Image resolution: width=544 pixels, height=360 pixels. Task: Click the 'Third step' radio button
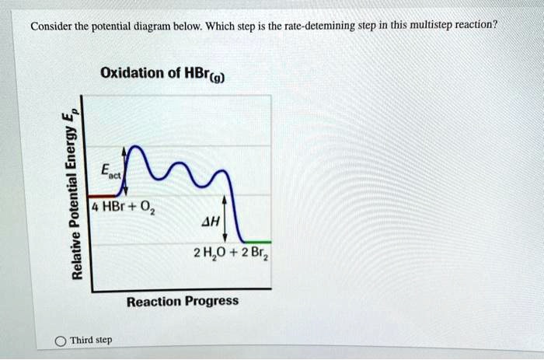pyautogui.click(x=60, y=341)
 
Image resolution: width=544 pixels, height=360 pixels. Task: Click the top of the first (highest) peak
pyautogui.click(x=136, y=146)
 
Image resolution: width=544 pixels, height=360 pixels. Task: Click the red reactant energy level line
pyautogui.click(x=99, y=195)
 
